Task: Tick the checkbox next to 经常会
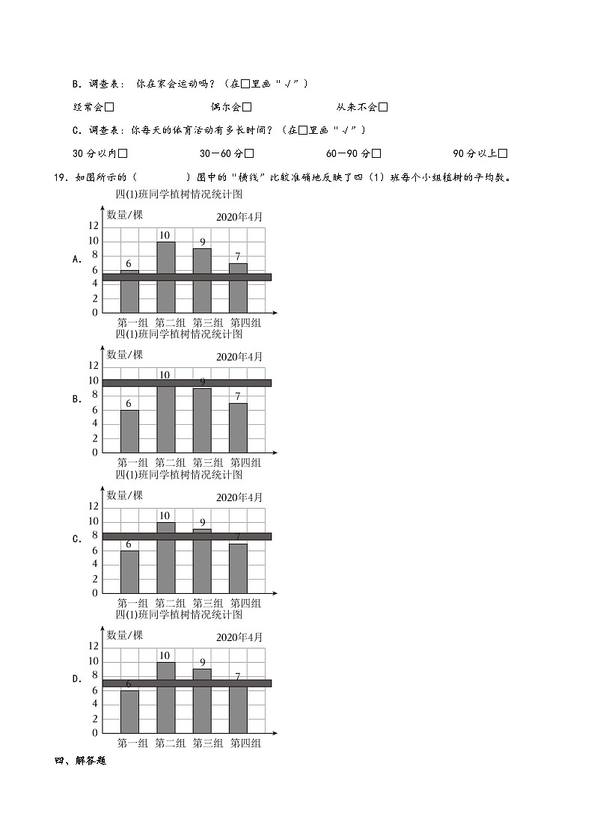109,108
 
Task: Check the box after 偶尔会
247,108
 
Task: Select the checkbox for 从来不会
383,108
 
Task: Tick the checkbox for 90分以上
503,154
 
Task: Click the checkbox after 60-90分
376,154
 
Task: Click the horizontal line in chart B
187,383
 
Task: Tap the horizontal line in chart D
187,683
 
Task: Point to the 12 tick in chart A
94,226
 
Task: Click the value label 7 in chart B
238,396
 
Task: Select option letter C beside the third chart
76,539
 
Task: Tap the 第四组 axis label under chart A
245,323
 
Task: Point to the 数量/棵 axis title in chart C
124,495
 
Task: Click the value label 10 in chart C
165,516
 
